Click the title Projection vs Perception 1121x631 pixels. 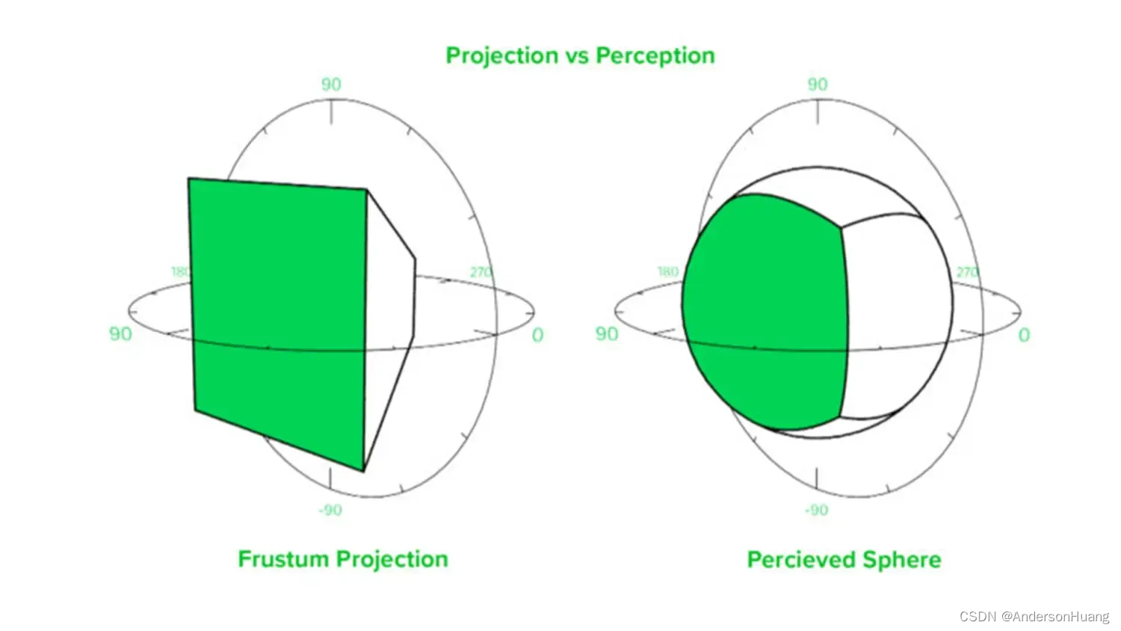(x=580, y=55)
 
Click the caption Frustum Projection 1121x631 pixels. (x=343, y=559)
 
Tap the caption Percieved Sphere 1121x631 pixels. (x=844, y=560)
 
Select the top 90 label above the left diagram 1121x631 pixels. (x=331, y=84)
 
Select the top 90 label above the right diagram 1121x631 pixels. (x=818, y=84)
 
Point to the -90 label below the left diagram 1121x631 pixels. (x=330, y=510)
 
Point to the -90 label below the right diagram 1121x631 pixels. (x=816, y=510)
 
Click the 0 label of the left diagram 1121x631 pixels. (x=537, y=335)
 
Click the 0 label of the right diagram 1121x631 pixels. (x=1024, y=335)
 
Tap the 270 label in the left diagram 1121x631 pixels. (x=481, y=272)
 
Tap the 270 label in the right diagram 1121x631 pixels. (x=967, y=272)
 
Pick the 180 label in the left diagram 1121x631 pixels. (x=181, y=271)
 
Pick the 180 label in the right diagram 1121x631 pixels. (x=667, y=271)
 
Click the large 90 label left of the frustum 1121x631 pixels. (x=120, y=333)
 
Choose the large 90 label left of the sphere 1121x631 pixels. (x=607, y=333)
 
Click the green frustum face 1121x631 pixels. (x=278, y=314)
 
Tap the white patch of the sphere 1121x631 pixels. (x=897, y=314)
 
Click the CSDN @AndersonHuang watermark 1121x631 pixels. (x=1034, y=617)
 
